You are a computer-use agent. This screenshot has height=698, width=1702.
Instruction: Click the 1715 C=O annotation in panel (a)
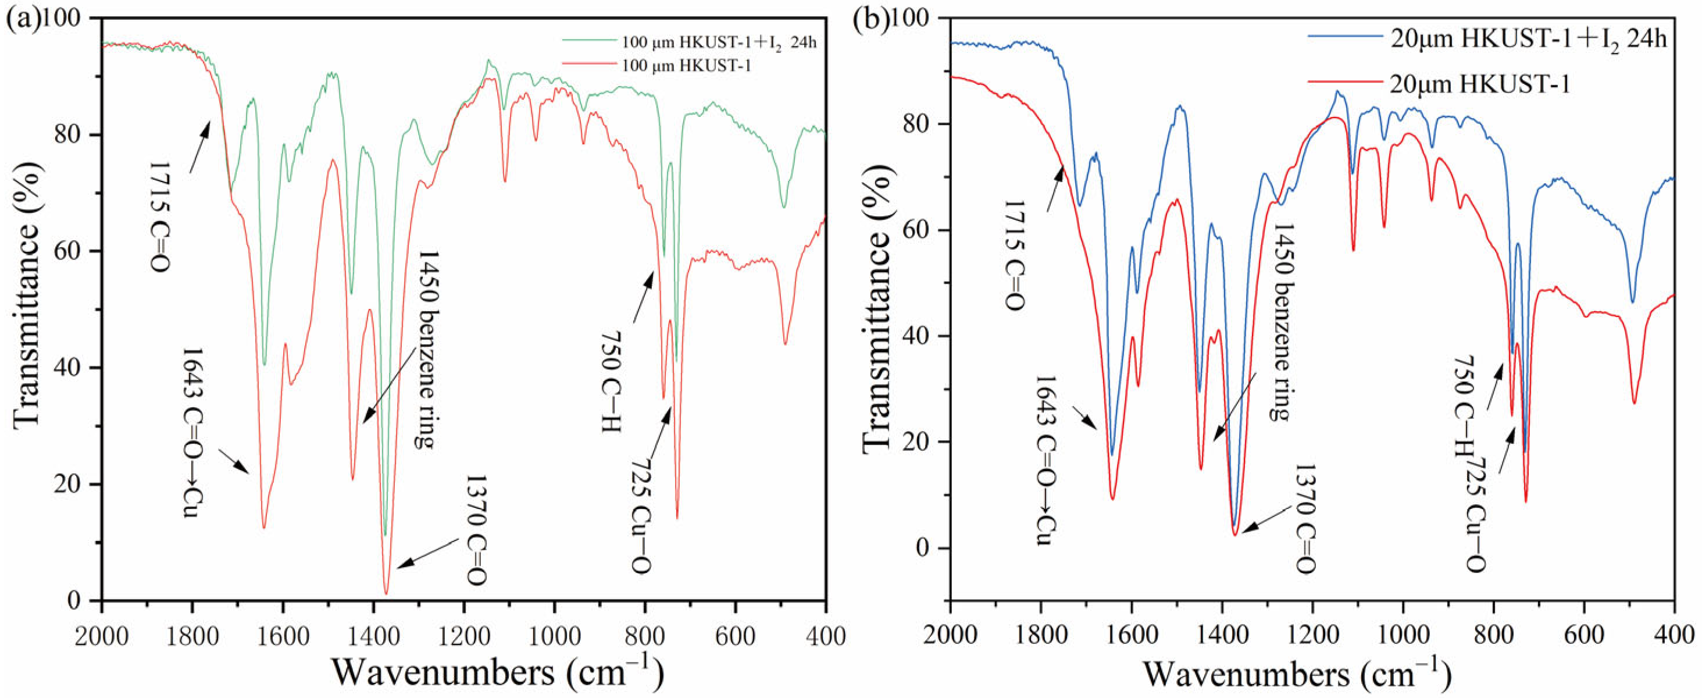click(160, 215)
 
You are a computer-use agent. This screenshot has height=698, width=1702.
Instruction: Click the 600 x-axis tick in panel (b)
click(1584, 636)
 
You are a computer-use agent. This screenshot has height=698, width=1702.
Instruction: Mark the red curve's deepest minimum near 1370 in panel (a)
click(387, 593)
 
